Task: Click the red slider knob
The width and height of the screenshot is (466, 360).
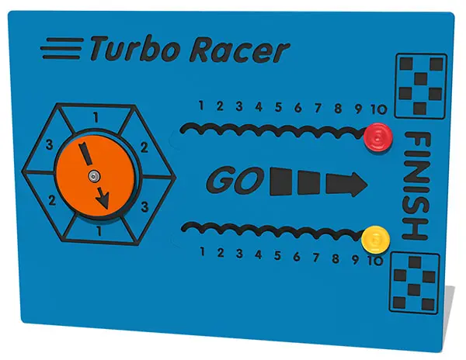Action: coord(377,138)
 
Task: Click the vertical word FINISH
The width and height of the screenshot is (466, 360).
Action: coord(416,186)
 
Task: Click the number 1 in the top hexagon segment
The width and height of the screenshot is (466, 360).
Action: coord(96,117)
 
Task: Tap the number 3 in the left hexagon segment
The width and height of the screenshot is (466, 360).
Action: coord(48,145)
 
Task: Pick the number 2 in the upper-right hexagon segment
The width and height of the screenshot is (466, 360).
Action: coord(143,146)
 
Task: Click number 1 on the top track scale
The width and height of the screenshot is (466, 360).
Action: coord(200,106)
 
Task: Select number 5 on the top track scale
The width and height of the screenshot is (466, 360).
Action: coord(278,106)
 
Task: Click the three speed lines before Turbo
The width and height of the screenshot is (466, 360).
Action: coord(63,47)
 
